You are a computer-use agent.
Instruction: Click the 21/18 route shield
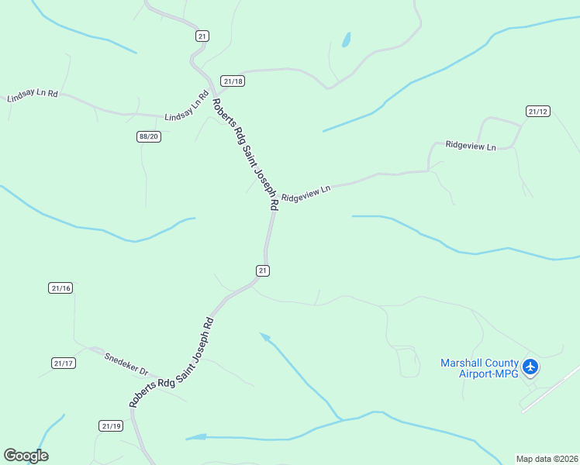click(x=233, y=81)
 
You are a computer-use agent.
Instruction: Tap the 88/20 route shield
click(x=148, y=136)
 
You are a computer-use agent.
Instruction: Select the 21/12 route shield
click(x=537, y=112)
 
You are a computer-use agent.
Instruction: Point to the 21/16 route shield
click(x=60, y=288)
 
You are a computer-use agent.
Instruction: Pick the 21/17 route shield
click(x=64, y=363)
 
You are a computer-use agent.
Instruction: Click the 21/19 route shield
click(x=111, y=425)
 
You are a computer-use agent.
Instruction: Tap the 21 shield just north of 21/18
click(x=202, y=36)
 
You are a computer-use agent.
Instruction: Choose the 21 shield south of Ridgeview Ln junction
click(x=263, y=270)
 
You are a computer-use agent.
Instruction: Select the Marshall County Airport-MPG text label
click(x=478, y=367)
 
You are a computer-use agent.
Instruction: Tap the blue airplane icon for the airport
click(x=530, y=367)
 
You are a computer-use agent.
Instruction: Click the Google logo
click(x=26, y=456)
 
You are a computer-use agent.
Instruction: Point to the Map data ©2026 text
click(x=547, y=457)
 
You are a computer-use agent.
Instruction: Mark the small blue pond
click(x=346, y=40)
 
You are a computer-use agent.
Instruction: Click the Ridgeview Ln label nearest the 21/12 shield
click(x=470, y=145)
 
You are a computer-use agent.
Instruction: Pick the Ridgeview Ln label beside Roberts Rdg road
click(x=306, y=193)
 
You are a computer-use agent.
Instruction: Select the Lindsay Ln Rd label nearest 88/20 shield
click(x=188, y=108)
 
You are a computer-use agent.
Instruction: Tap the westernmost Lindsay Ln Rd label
click(x=33, y=95)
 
